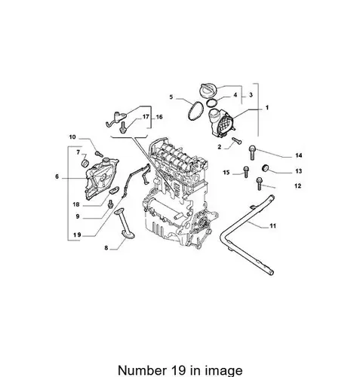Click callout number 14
298,155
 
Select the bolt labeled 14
252,152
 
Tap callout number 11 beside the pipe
272,225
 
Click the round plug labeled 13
266,168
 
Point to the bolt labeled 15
246,172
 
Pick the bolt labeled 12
260,183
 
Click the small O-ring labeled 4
212,103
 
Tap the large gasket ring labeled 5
195,112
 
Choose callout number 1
267,108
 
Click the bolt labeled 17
123,127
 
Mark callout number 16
159,117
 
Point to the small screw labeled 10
99,154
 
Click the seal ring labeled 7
85,163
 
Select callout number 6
57,176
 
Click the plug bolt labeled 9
110,204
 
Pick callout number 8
106,248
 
